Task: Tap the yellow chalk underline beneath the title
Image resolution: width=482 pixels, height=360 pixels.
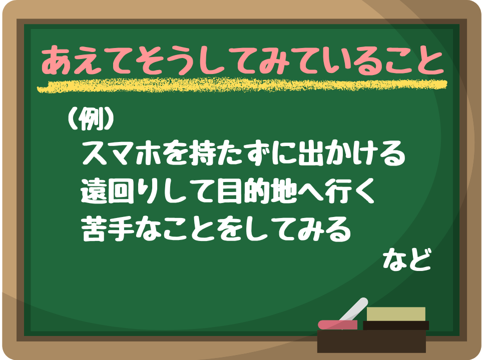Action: (242, 85)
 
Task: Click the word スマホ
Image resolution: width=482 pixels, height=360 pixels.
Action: (122, 153)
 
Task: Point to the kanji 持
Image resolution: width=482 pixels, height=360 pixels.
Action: (203, 153)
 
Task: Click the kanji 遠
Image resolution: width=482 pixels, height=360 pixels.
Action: (94, 191)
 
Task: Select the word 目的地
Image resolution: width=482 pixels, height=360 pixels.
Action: (256, 191)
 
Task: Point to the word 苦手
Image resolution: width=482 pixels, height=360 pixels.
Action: (108, 229)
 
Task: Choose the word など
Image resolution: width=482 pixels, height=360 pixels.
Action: (406, 260)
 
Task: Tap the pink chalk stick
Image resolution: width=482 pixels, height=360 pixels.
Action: (337, 324)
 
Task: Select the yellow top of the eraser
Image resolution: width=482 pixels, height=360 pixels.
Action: (396, 314)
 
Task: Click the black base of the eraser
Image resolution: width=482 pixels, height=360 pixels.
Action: (396, 325)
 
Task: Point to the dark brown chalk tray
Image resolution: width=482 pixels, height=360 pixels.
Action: (371, 341)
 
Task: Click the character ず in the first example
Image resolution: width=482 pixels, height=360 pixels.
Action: (256, 153)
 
